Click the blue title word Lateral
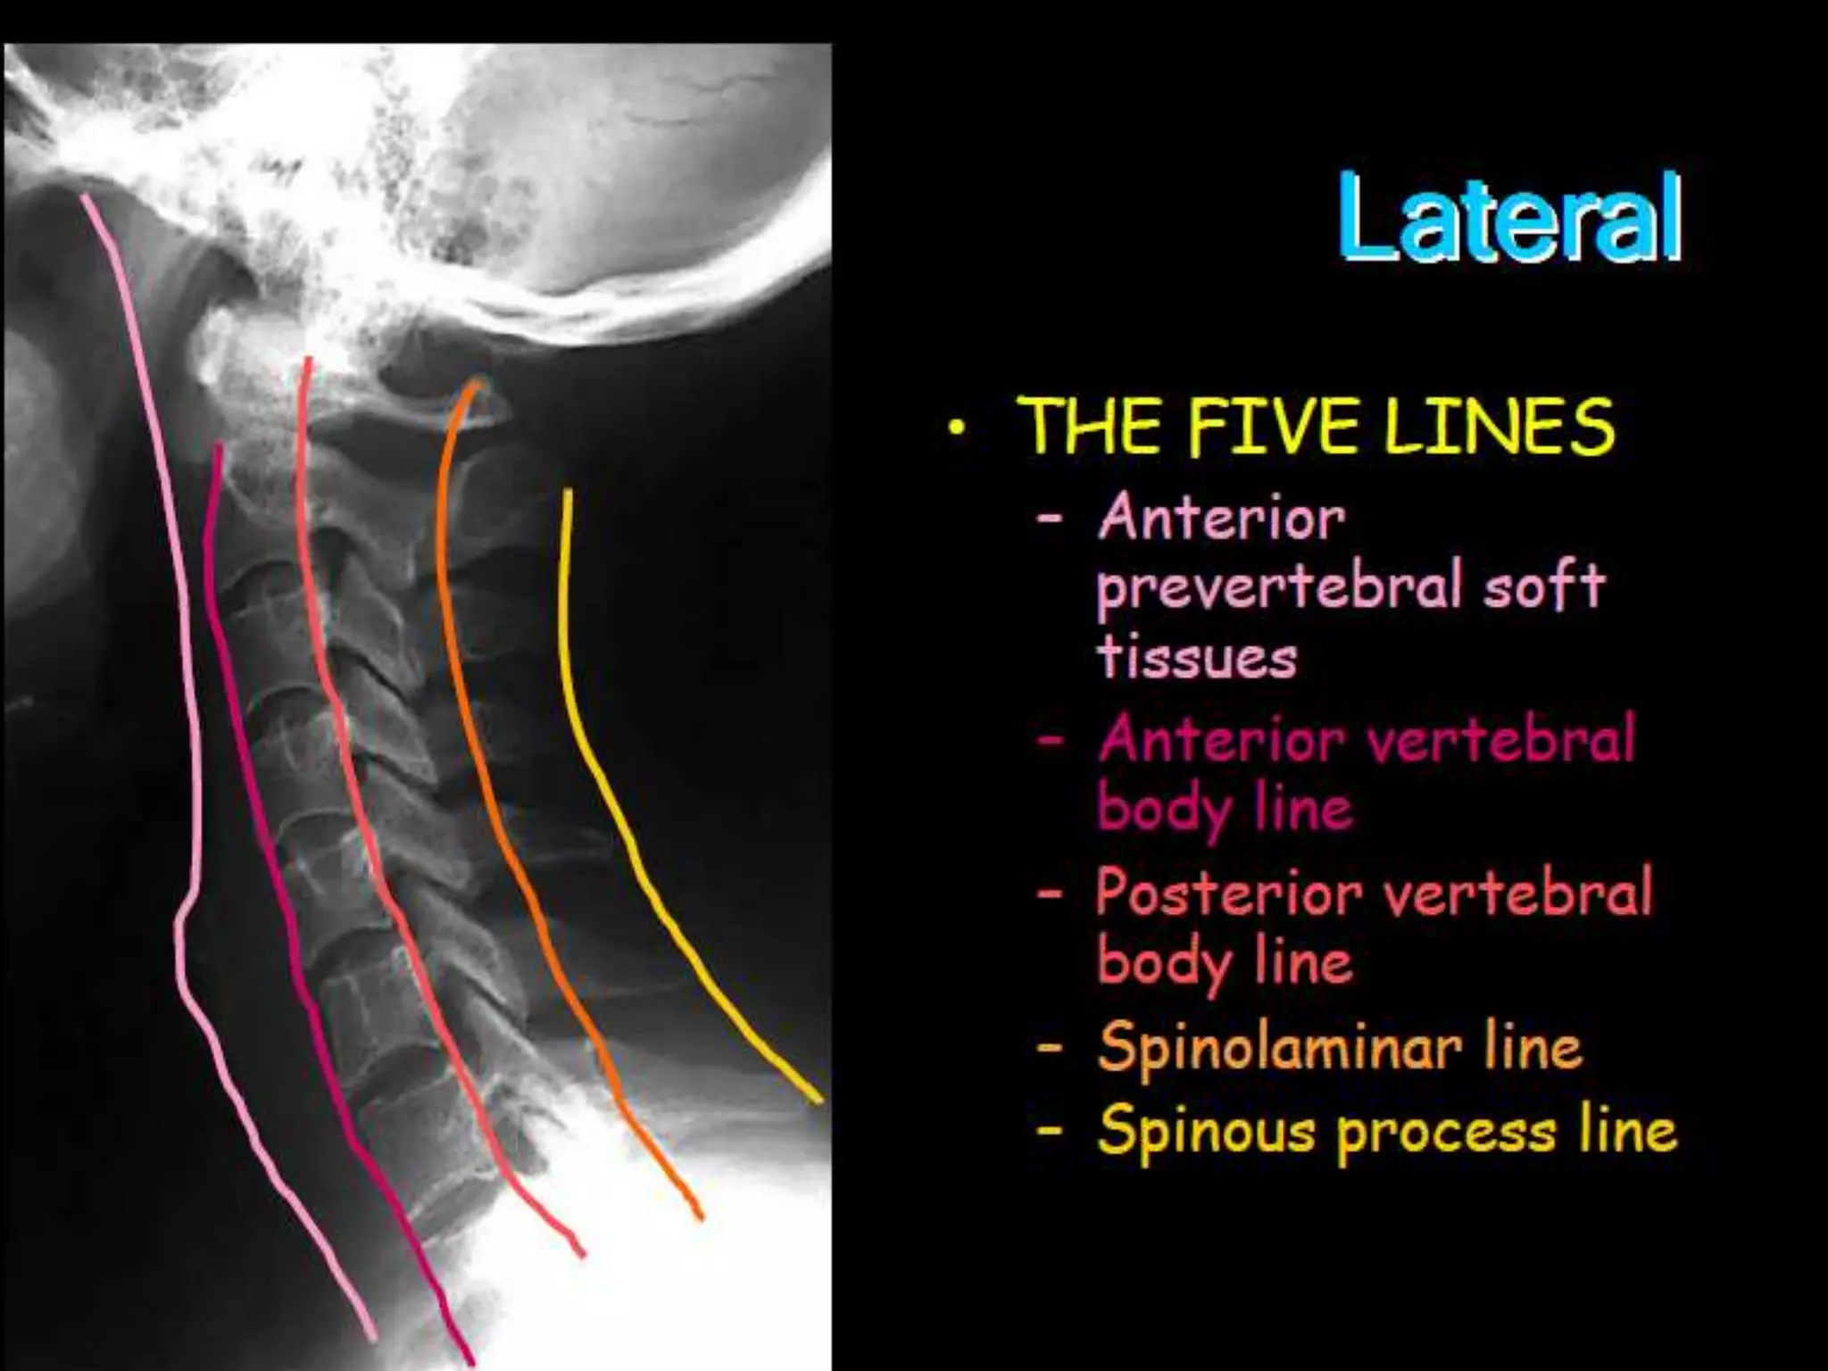pyautogui.click(x=1508, y=219)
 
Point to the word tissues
pyautogui.click(x=1196, y=658)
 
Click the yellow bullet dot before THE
pyautogui.click(x=958, y=431)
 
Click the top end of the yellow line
pyautogui.click(x=567, y=492)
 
